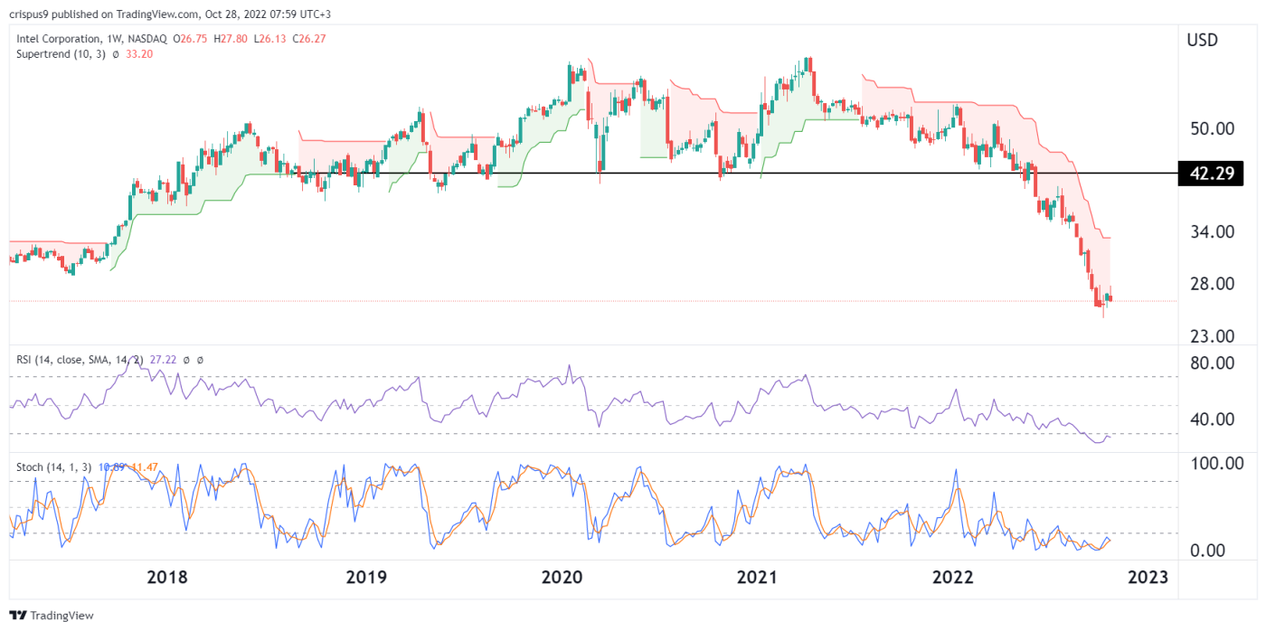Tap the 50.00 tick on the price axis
click(x=1210, y=128)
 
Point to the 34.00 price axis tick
click(x=1210, y=231)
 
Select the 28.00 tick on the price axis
click(x=1210, y=284)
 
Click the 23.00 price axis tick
click(x=1210, y=336)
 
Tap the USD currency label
click(x=1202, y=41)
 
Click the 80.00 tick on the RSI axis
click(x=1210, y=363)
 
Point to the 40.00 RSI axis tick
click(x=1210, y=419)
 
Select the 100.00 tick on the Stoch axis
click(x=1214, y=464)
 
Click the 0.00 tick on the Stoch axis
click(x=1217, y=551)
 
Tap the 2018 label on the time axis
click(x=167, y=578)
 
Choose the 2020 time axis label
click(x=562, y=578)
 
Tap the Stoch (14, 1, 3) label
click(x=53, y=467)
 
